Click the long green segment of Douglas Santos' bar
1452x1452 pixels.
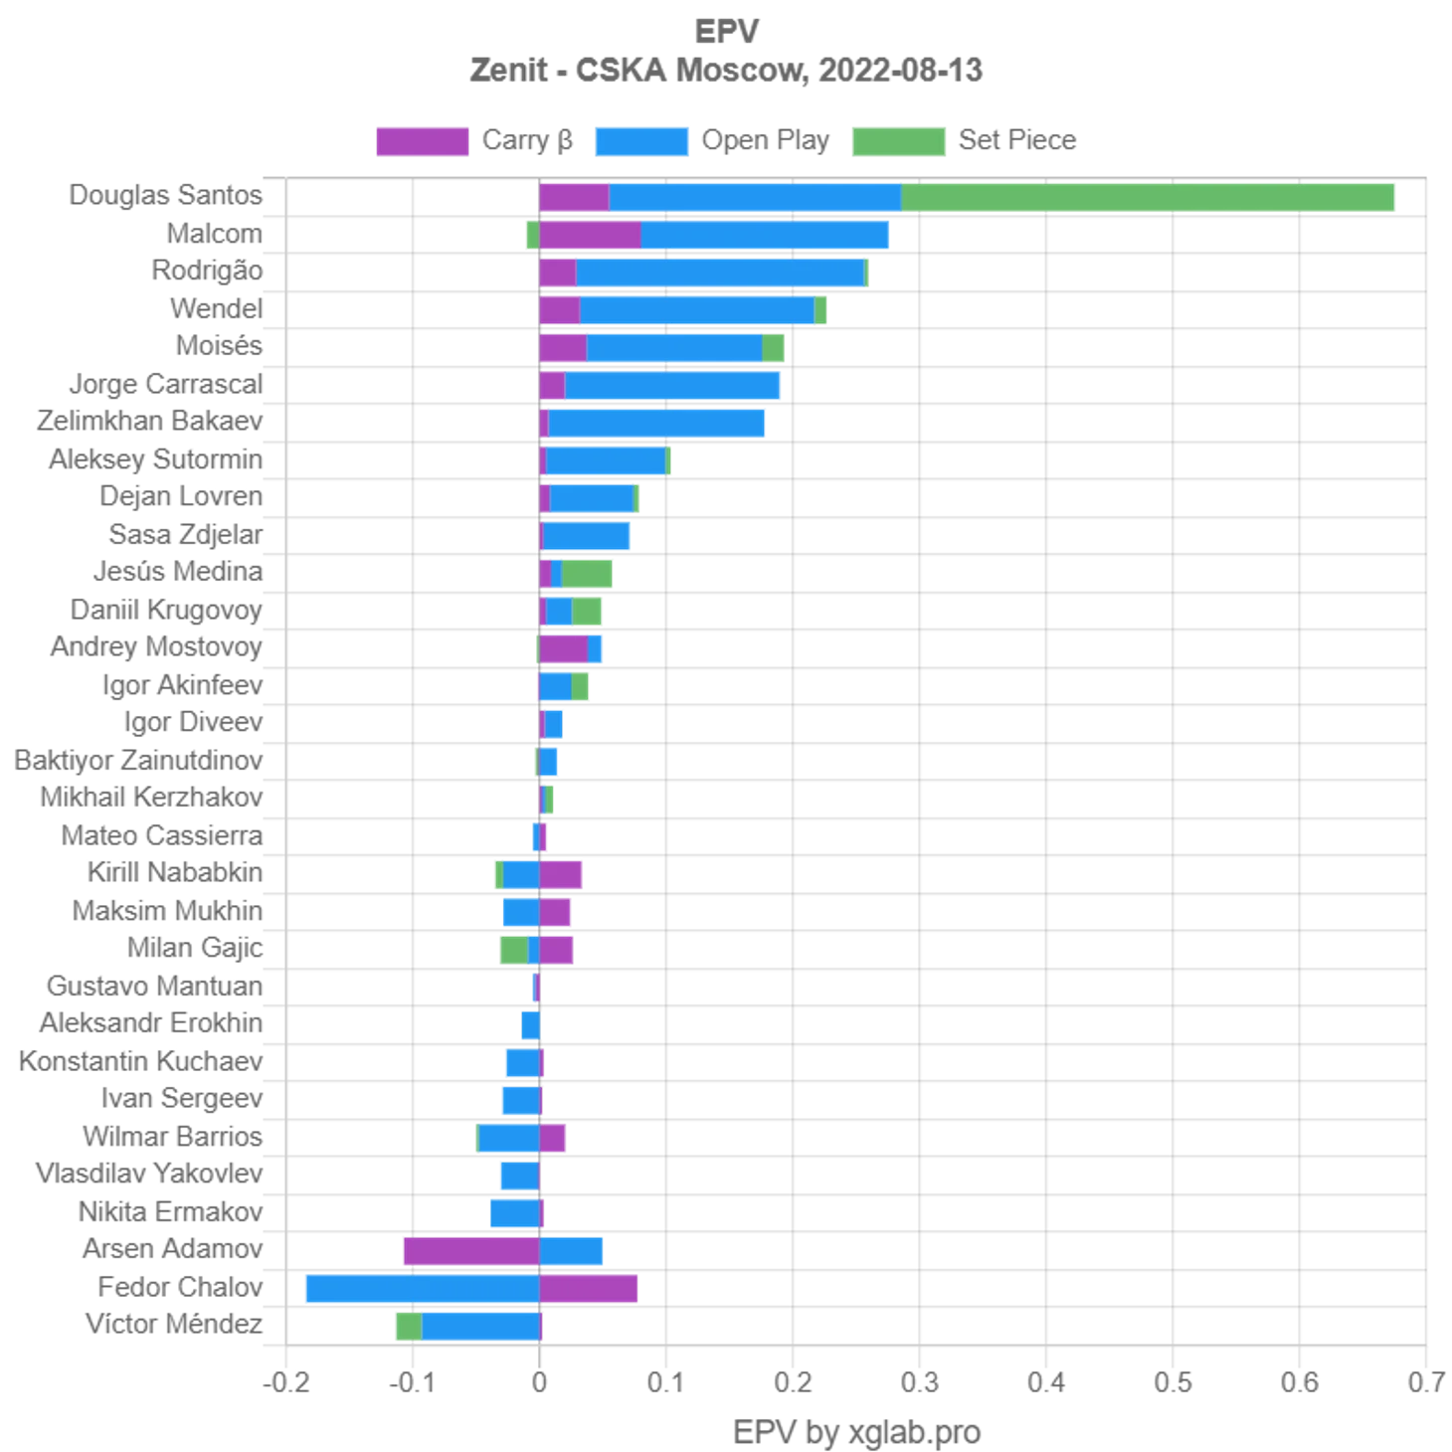(x=1150, y=198)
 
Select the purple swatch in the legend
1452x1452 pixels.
(x=421, y=140)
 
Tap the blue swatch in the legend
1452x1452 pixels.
(x=639, y=140)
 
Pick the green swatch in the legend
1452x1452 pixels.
(x=898, y=140)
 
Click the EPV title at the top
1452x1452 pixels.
(x=727, y=33)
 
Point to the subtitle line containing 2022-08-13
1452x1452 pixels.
(x=727, y=73)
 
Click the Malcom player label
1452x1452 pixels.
(x=215, y=234)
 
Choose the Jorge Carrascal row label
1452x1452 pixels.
(x=167, y=385)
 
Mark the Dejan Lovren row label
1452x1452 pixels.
(x=182, y=496)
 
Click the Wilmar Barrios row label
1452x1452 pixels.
(x=175, y=1137)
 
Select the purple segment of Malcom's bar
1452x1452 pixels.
(x=590, y=236)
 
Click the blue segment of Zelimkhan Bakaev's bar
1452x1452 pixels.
(x=657, y=423)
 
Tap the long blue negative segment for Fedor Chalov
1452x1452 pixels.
(x=421, y=1289)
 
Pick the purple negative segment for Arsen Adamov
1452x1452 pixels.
(x=471, y=1251)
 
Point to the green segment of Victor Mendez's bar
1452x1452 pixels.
(x=408, y=1327)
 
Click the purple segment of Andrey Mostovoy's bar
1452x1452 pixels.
(x=563, y=649)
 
